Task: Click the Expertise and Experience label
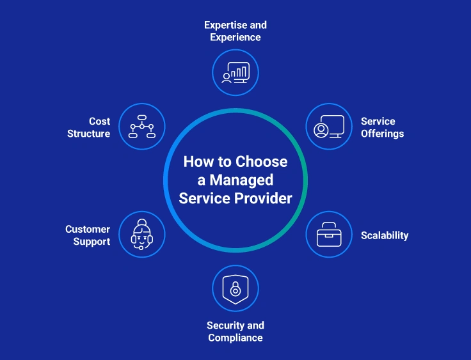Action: point(235,31)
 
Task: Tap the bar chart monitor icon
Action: point(235,72)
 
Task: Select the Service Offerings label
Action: point(382,127)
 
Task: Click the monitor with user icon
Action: point(329,127)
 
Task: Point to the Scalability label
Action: point(384,235)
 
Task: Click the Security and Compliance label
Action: point(235,331)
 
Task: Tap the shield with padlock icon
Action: point(235,288)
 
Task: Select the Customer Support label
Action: point(88,235)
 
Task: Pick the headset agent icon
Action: point(141,235)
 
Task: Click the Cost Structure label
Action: point(89,127)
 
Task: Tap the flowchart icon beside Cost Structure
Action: point(141,127)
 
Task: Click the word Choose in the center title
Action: point(261,162)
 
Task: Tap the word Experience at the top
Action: point(235,37)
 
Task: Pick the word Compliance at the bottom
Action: point(235,338)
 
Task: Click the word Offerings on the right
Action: point(382,134)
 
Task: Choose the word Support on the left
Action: point(91,242)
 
